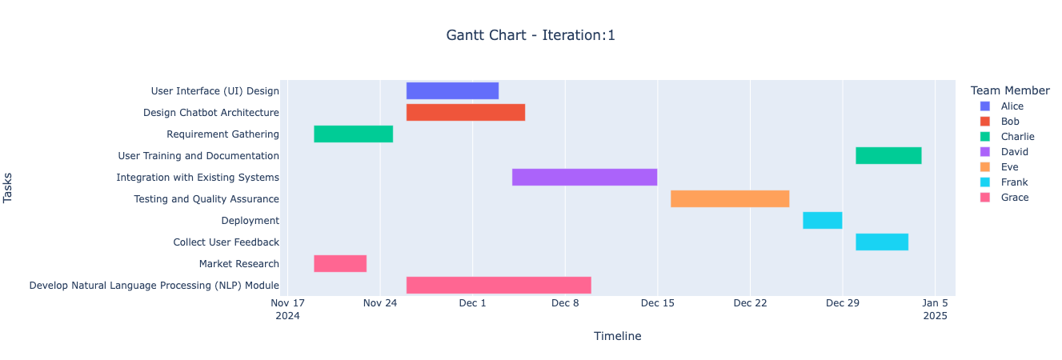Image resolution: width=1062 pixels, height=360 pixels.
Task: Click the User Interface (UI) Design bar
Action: [452, 91]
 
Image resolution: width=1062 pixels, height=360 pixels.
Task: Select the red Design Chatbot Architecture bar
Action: [466, 113]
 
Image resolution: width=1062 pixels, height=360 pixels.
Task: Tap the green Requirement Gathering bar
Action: [353, 134]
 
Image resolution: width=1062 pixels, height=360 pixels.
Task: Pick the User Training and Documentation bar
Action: [888, 156]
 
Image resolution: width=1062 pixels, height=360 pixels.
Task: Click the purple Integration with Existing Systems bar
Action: [584, 178]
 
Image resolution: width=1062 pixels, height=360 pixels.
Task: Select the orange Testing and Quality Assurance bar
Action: [730, 199]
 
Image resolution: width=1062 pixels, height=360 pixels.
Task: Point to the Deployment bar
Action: [822, 221]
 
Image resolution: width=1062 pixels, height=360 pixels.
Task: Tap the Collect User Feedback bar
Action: [882, 242]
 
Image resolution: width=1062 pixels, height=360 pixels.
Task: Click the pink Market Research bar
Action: [340, 264]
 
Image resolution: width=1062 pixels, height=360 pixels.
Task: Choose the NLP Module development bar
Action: [499, 286]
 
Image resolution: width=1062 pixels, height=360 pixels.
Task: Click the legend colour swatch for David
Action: [984, 152]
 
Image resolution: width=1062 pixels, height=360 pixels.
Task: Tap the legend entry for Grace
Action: [1014, 198]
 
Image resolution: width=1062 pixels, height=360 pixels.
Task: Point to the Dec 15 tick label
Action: [657, 303]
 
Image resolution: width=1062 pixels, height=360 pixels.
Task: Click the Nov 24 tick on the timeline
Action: [379, 303]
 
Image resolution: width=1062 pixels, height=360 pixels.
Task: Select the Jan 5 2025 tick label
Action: [935, 309]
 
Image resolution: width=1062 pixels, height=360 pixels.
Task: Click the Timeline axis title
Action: [617, 337]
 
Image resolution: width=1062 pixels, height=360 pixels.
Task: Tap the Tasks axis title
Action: [9, 189]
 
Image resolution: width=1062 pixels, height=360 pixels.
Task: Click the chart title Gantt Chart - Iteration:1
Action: [531, 35]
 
